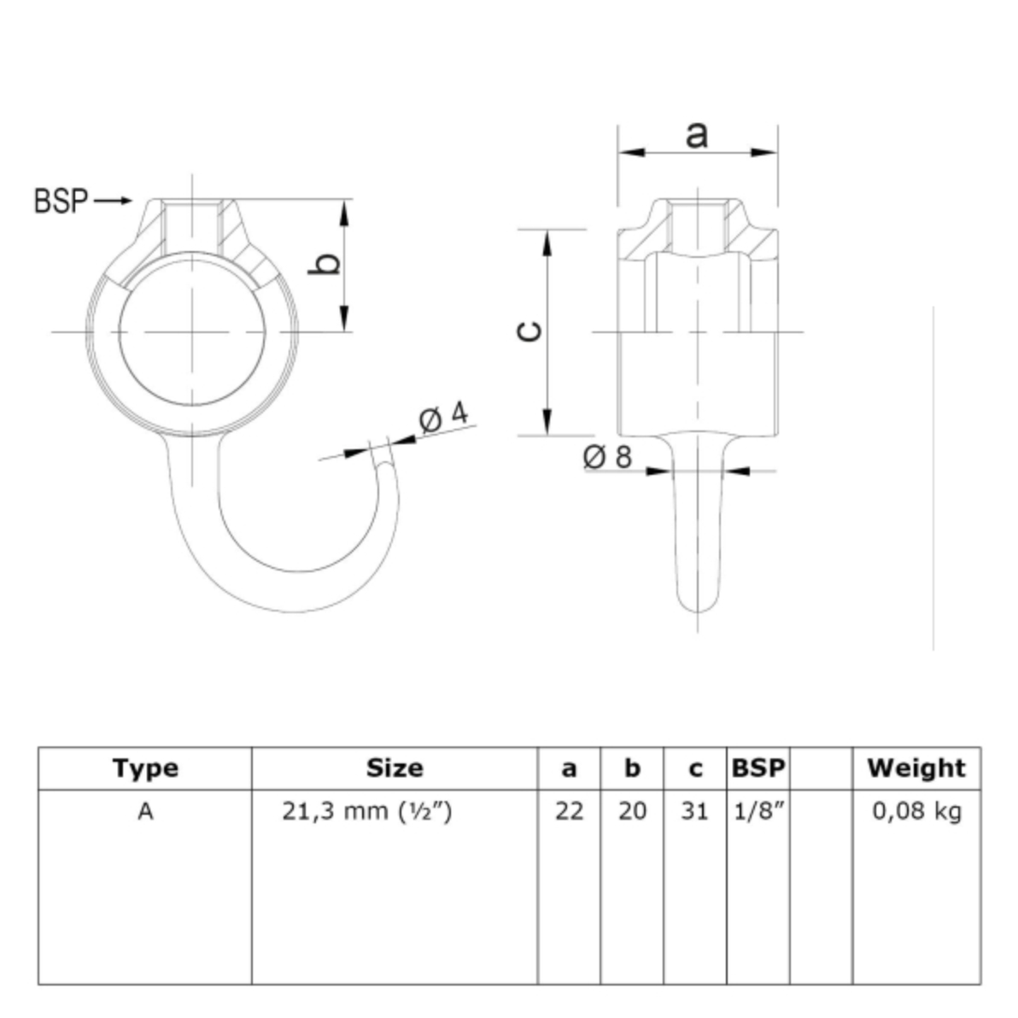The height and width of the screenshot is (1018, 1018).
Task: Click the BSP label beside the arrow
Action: [61, 201]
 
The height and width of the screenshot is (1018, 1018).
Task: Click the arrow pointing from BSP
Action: [113, 201]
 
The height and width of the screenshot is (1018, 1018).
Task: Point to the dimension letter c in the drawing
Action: [529, 331]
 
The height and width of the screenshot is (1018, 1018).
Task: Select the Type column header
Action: [145, 768]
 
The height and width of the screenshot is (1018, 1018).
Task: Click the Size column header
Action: [395, 768]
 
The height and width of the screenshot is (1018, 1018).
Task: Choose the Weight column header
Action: [916, 768]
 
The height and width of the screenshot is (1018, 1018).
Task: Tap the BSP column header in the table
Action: [758, 768]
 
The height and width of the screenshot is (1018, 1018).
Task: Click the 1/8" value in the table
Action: [758, 810]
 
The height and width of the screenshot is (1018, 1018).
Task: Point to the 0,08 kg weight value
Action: [916, 811]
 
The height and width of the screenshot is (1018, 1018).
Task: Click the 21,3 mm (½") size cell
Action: [367, 810]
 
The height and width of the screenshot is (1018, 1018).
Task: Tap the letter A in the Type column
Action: [145, 810]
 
